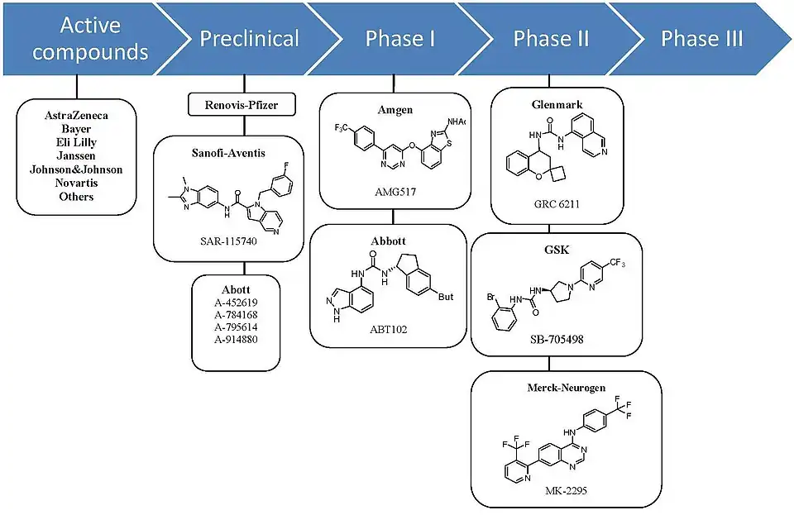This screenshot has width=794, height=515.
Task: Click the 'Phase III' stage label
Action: coord(701,39)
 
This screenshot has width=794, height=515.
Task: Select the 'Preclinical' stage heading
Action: coord(249,39)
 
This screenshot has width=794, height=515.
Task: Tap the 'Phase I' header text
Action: coord(400,39)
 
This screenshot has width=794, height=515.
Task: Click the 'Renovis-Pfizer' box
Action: coord(244,105)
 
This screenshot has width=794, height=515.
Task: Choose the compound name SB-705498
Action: coord(550,339)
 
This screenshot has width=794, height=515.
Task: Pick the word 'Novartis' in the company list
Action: coord(76,183)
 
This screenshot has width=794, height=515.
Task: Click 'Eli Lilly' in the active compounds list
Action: coord(76,142)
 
